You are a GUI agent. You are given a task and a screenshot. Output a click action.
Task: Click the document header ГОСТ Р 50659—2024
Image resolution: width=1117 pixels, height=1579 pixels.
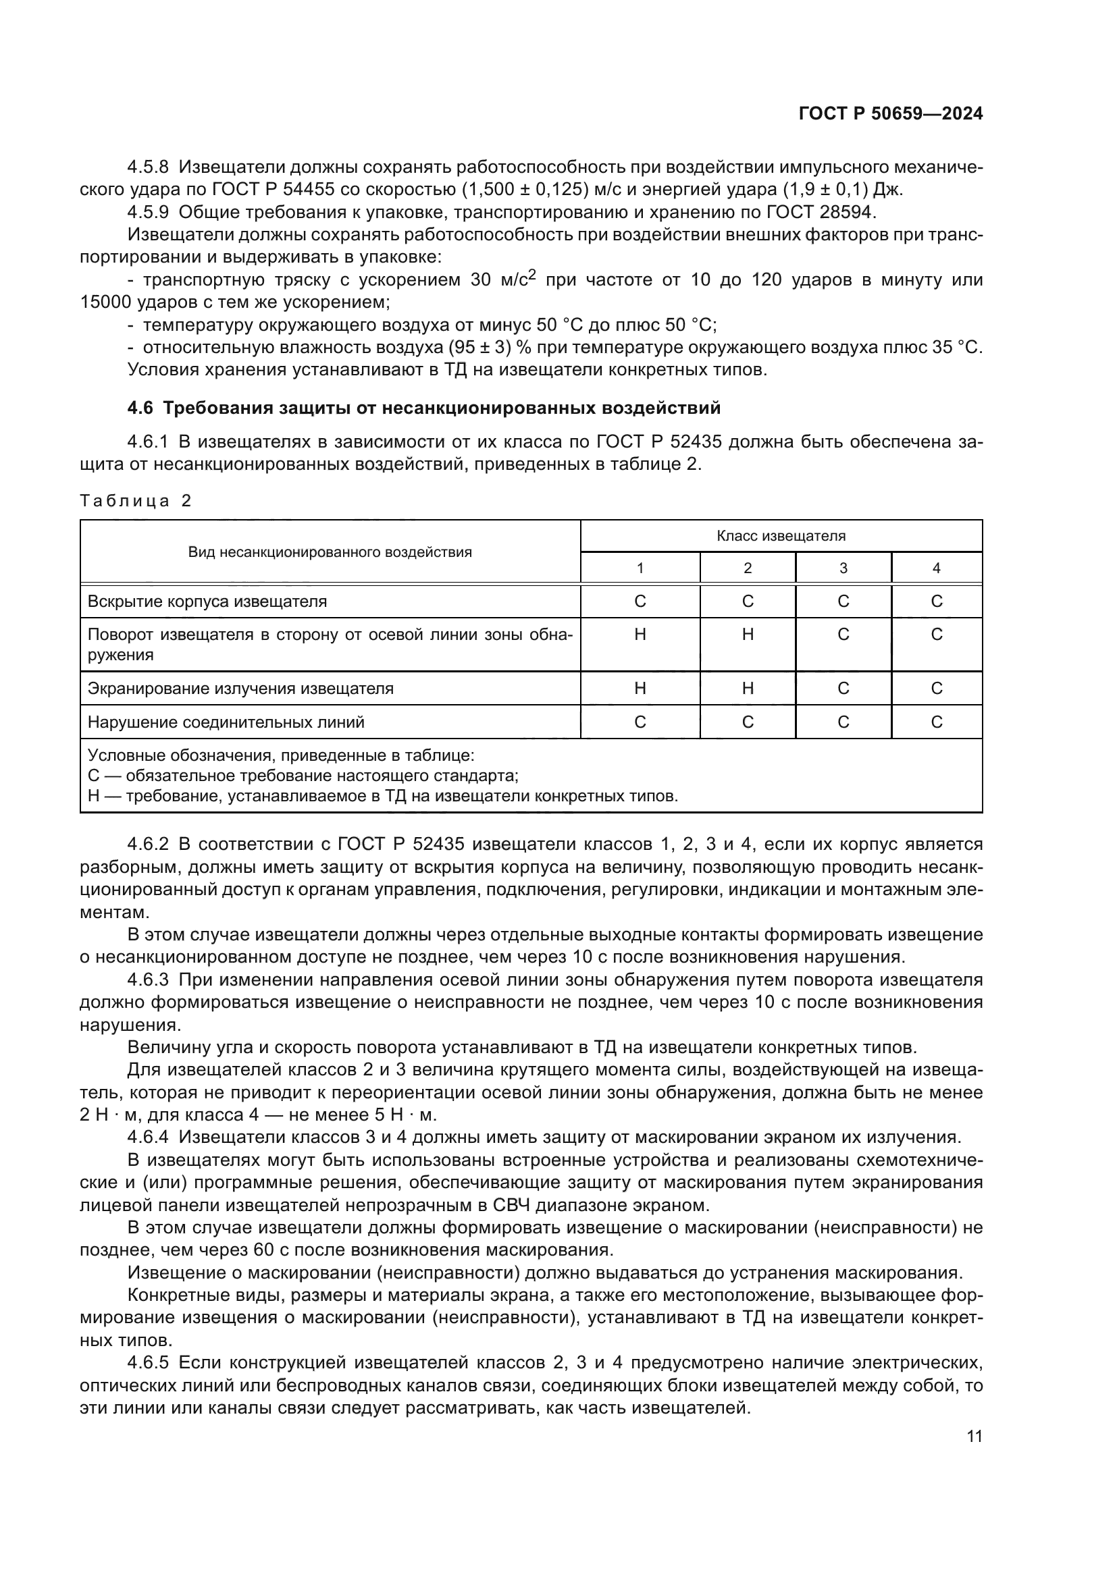[890, 114]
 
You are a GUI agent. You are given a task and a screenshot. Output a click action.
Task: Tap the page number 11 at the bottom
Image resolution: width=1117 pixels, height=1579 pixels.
[974, 1437]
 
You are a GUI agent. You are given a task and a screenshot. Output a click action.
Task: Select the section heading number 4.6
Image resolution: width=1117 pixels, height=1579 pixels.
[140, 408]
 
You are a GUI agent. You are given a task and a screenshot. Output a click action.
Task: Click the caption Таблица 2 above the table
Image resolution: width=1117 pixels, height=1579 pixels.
[136, 501]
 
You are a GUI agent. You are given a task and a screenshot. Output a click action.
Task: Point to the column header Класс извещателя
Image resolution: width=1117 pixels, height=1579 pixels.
[781, 536]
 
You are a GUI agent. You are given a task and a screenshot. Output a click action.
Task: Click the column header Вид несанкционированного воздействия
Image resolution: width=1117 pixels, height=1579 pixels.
[330, 552]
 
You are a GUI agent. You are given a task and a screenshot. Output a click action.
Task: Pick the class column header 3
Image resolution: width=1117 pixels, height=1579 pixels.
[843, 568]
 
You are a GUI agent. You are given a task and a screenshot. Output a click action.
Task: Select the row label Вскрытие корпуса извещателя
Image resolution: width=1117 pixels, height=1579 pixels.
[207, 601]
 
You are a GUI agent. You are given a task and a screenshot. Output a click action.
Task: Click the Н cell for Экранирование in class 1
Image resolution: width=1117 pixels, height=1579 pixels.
[640, 689]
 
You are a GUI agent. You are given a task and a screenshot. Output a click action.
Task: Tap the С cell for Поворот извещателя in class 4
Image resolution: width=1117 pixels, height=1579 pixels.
[936, 634]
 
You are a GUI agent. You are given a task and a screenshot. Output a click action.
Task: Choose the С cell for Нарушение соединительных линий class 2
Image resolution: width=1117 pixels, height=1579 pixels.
[748, 722]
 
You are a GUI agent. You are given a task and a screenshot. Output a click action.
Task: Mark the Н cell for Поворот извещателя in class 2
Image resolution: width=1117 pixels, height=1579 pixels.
[748, 634]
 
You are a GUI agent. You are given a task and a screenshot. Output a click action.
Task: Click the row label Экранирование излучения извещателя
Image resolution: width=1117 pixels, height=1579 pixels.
[240, 689]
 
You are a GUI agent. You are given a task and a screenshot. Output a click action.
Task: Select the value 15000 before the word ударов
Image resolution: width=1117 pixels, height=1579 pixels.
[102, 302]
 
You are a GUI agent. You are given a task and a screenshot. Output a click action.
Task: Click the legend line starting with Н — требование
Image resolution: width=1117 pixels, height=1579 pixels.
[382, 797]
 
